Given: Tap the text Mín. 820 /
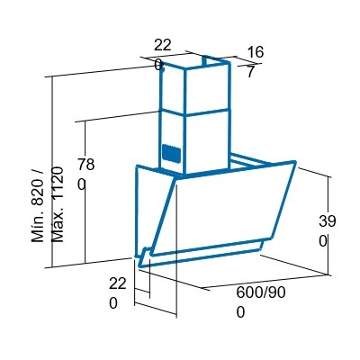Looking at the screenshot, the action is tap(38, 207).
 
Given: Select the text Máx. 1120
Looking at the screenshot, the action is tap(58, 204).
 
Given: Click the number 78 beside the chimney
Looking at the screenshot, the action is tap(86, 165).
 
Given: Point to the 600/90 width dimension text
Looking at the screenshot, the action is tap(261, 292).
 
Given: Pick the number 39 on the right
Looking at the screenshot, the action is tap(328, 221).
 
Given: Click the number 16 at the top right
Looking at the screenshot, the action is tap(256, 52).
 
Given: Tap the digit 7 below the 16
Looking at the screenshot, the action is tap(251, 72).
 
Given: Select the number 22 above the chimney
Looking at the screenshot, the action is tap(163, 45).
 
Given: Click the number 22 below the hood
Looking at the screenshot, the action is tap(118, 283).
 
